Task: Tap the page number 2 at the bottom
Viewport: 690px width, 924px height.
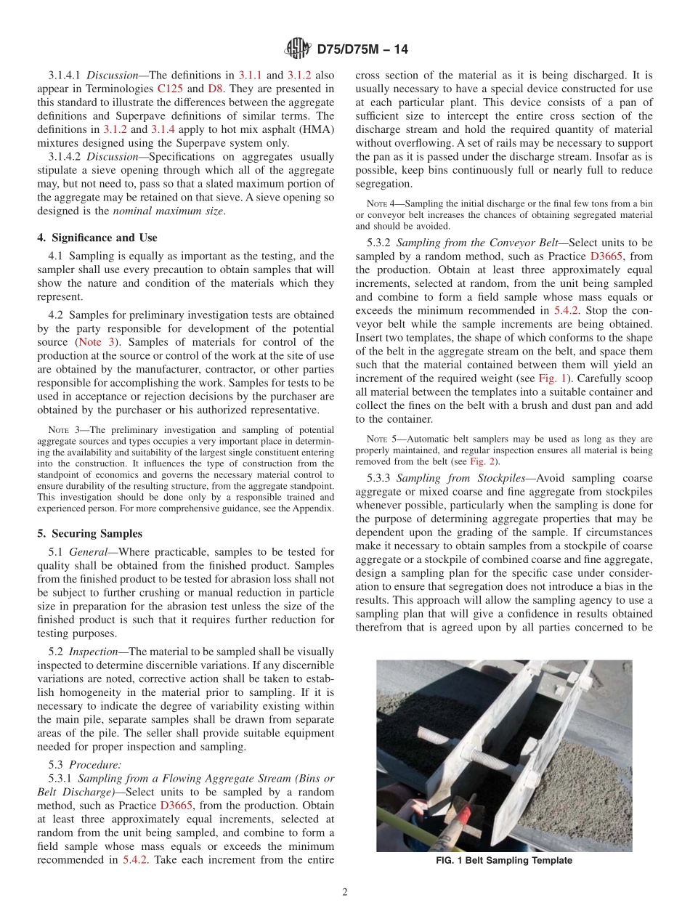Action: click(x=345, y=892)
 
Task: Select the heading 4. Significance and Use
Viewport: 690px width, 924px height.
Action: click(x=97, y=238)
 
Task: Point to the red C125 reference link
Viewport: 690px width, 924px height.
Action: click(x=169, y=89)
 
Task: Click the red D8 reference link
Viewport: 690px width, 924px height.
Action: click(x=216, y=89)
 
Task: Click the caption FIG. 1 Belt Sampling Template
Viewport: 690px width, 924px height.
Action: click(x=504, y=861)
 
